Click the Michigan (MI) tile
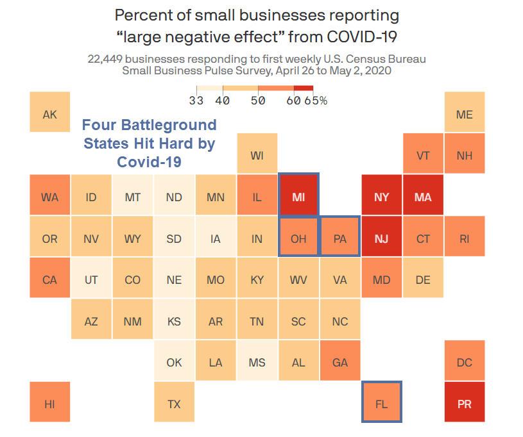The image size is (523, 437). [x=298, y=197]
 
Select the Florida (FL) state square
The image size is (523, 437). [x=382, y=404]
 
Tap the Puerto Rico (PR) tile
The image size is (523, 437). [x=465, y=404]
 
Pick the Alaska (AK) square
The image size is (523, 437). [x=49, y=115]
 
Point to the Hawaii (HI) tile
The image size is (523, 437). [x=49, y=404]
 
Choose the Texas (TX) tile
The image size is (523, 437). [x=174, y=404]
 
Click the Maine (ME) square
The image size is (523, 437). [x=465, y=115]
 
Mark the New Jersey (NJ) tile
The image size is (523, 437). [x=382, y=239]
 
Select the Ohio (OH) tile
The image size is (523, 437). [x=298, y=239]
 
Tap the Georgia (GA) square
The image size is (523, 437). [x=340, y=363]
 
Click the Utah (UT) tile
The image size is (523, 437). [x=91, y=280]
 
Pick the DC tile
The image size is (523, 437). [x=465, y=363]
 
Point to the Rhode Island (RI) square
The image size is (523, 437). [x=465, y=239]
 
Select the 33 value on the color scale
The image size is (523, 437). [x=196, y=101]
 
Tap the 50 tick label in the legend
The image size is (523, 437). [x=258, y=101]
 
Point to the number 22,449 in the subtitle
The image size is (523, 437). [x=107, y=60]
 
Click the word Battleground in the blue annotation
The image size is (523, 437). [x=173, y=125]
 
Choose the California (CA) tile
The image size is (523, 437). [x=49, y=280]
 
